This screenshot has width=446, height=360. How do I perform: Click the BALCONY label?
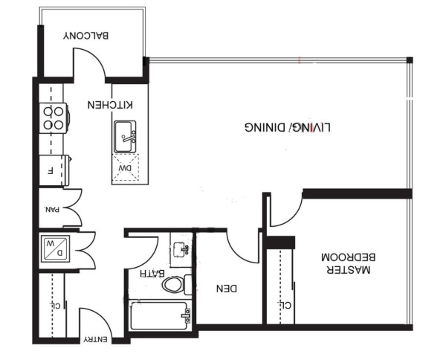click(86, 36)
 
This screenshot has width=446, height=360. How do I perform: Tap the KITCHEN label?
click(110, 105)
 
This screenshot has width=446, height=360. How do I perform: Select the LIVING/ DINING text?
click(288, 127)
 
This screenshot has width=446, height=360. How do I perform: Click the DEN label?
click(227, 289)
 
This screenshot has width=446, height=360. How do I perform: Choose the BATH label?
click(152, 274)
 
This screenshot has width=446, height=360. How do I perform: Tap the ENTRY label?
click(96, 339)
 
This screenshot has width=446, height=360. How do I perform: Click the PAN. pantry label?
click(52, 210)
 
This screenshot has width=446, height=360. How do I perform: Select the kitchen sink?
click(125, 137)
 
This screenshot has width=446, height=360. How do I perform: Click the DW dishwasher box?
click(126, 167)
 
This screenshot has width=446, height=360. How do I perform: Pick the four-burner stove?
click(54, 118)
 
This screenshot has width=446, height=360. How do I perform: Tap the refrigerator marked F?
click(54, 170)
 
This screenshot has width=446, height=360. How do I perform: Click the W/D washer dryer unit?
click(55, 248)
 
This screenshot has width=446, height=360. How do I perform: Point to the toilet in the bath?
click(177, 285)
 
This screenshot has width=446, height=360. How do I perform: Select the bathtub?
click(161, 315)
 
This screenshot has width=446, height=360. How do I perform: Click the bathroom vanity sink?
click(181, 250)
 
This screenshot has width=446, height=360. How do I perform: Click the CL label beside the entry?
click(56, 306)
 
